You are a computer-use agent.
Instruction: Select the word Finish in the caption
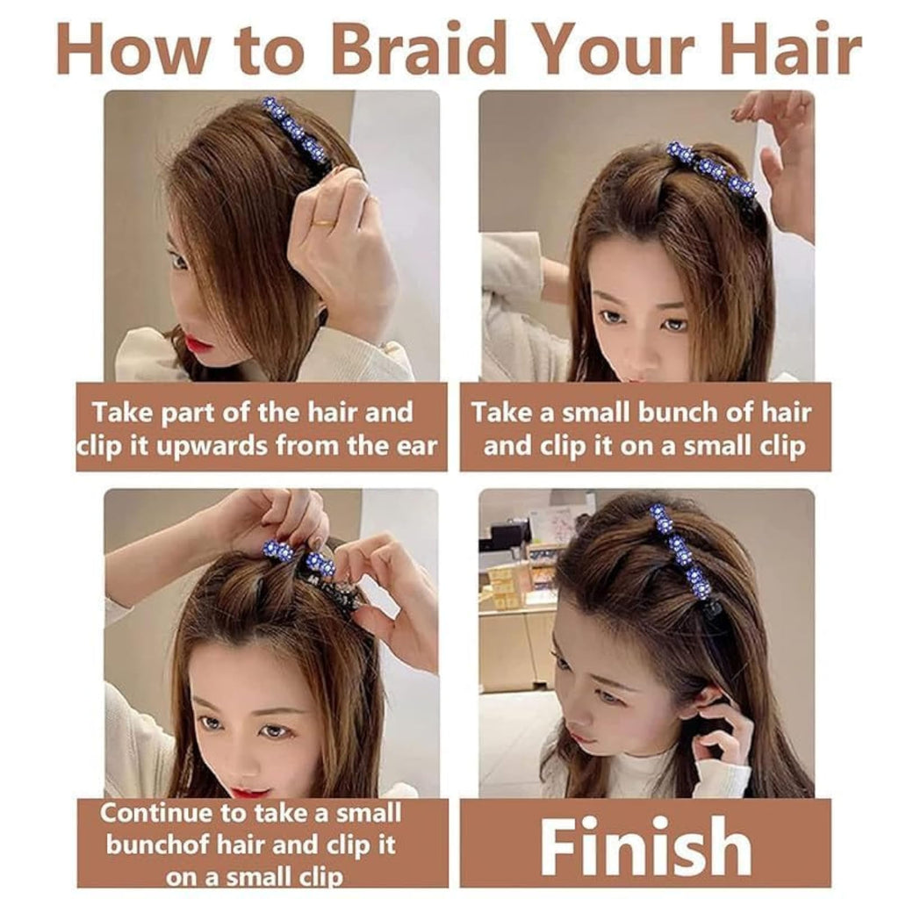point(645,845)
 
